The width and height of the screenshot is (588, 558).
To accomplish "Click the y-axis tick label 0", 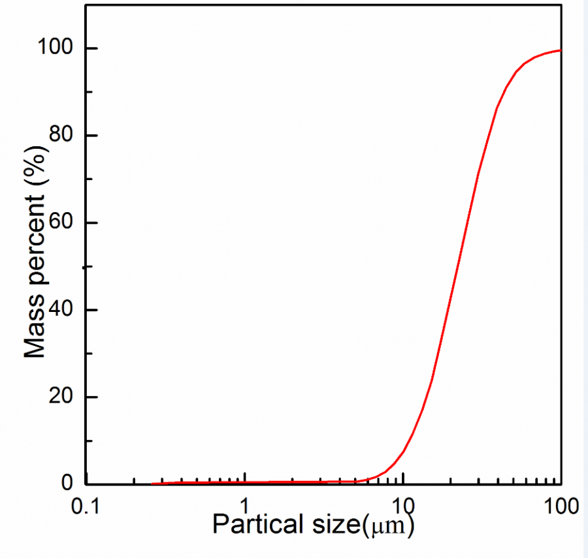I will click(68, 484).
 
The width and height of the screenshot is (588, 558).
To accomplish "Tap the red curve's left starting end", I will click(153, 484).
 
